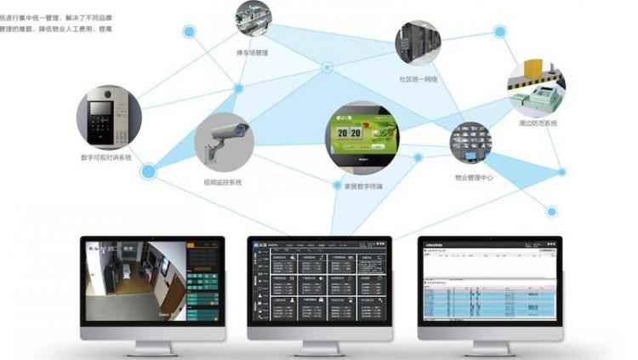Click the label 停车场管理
(x=253, y=54)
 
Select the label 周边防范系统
(x=538, y=123)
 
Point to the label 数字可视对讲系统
(x=107, y=157)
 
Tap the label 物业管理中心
(x=474, y=178)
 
